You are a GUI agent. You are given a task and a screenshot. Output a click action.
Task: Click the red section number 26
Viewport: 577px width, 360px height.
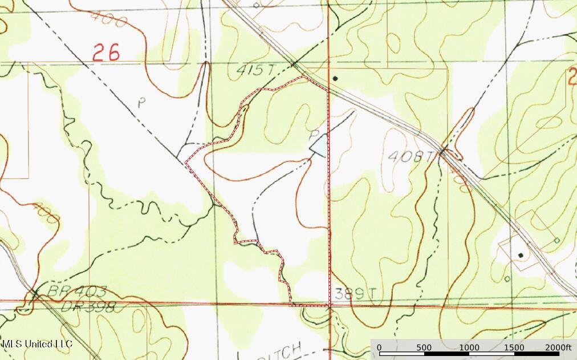point(107,53)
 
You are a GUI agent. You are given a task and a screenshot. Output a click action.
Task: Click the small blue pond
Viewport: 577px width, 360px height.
point(319,145)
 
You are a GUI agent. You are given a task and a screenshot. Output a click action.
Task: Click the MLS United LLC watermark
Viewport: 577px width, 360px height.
point(37,344)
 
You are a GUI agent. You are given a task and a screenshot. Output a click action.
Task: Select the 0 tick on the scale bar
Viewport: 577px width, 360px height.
point(379,348)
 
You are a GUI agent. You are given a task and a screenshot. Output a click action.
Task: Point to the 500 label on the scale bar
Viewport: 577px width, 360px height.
point(424,348)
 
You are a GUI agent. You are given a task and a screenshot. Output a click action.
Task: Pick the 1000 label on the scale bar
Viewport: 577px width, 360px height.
point(469,348)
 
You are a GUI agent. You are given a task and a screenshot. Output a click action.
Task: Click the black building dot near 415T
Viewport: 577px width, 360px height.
point(335,78)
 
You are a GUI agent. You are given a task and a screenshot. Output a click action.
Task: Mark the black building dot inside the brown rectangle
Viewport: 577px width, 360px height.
point(520,254)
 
